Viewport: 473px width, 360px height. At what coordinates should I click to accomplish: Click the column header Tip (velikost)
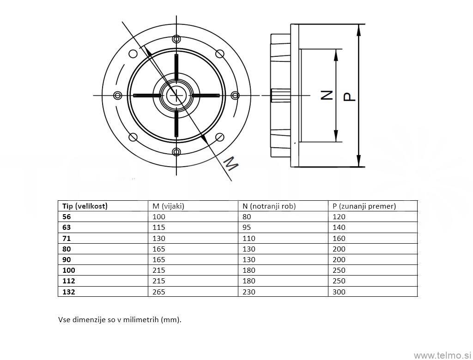point(85,206)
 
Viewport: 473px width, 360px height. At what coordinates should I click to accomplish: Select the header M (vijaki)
point(168,206)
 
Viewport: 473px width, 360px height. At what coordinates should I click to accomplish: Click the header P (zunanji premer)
point(364,206)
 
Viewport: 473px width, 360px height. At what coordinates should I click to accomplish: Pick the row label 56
point(67,216)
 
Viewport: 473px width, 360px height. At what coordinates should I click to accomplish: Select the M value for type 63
point(158,227)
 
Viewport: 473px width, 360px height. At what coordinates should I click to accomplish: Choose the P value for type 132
point(339,292)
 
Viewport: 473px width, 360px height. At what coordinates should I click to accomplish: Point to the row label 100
point(68,270)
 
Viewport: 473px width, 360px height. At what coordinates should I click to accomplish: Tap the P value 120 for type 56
point(339,216)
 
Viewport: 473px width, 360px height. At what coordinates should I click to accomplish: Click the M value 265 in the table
point(158,292)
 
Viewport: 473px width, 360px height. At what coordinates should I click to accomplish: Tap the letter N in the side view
point(327,96)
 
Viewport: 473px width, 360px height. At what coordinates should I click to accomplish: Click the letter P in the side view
point(350,96)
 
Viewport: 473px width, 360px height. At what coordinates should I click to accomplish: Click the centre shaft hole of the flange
point(176,96)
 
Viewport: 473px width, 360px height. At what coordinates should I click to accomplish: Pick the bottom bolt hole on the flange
point(176,152)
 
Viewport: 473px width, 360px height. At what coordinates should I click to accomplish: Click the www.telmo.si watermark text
point(442,355)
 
